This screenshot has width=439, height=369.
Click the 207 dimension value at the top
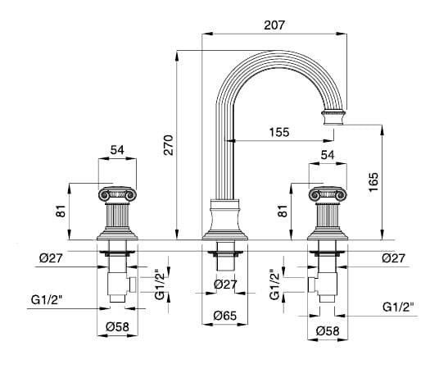click(274, 25)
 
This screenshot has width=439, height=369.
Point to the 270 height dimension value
click(169, 144)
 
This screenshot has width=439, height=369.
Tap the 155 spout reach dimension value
click(279, 132)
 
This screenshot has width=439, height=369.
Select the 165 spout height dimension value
click(373, 182)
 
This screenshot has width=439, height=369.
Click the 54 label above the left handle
click(117, 150)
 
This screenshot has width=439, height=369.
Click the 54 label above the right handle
click(328, 155)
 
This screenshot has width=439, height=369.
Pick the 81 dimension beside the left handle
click(61, 211)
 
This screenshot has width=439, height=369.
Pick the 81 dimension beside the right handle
click(283, 211)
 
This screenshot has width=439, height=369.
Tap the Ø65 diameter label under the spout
click(225, 316)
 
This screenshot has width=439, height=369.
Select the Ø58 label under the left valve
click(118, 326)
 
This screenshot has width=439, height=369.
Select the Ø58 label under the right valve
click(328, 331)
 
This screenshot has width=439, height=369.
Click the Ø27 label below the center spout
click(226, 285)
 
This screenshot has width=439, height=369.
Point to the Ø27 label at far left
click(51, 258)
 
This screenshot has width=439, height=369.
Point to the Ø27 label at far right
click(394, 258)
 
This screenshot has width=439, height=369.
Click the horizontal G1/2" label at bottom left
click(47, 300)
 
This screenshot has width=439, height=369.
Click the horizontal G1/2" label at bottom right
click(398, 307)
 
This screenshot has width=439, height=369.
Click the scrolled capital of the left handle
click(117, 194)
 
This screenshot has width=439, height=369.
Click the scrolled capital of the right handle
click(328, 194)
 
